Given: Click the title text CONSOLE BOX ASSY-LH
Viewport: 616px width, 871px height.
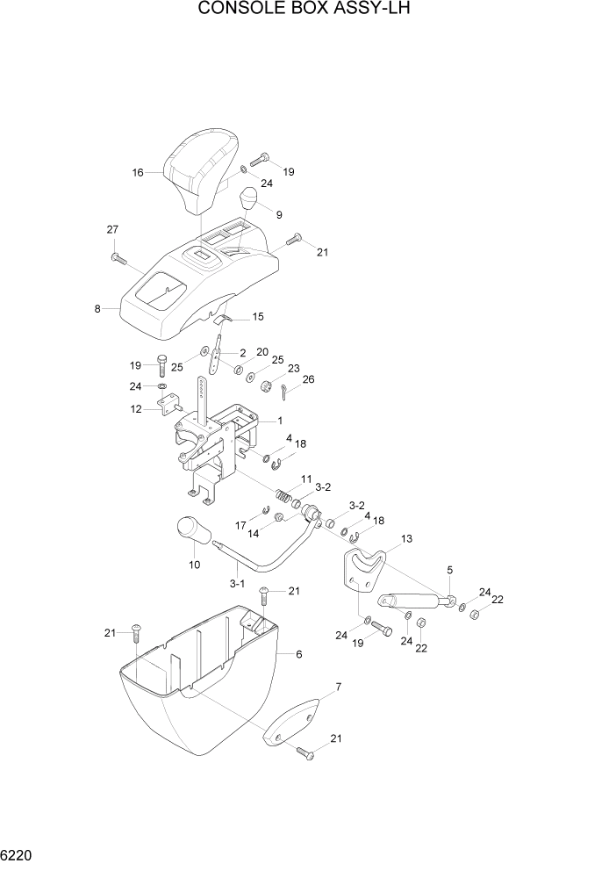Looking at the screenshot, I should (305, 11).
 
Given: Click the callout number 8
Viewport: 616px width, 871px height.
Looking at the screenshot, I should (98, 309).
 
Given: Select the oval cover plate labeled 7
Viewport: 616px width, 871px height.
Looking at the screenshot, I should (294, 719).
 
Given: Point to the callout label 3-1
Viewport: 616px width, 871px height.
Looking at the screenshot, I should (237, 582).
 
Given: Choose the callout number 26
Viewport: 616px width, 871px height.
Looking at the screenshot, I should (307, 380).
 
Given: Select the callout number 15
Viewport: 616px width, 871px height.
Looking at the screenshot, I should (258, 316).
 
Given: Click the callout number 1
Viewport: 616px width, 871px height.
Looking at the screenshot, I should (279, 421).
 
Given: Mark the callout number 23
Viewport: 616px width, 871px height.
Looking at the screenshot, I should (293, 369).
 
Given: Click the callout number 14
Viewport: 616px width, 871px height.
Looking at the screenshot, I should (253, 532).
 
